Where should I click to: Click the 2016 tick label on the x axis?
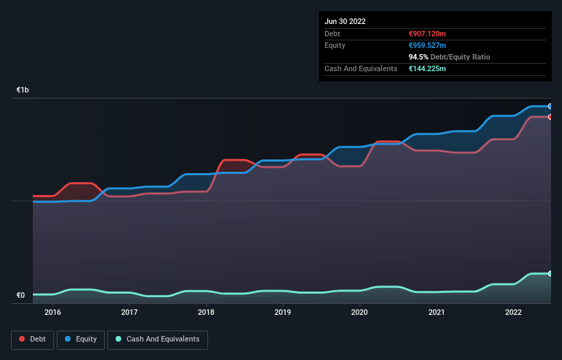point(53,313)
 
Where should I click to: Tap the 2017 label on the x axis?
point(129,313)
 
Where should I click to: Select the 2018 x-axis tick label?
point(206,313)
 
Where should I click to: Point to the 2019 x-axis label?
point(283,313)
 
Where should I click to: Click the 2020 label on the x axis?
point(360,313)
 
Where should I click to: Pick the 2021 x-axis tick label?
point(437,313)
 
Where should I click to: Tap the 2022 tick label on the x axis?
point(513,313)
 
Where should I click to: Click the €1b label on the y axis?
point(23,90)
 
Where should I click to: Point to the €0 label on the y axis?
point(21,296)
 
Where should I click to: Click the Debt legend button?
point(32,339)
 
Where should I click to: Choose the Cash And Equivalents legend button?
point(157,339)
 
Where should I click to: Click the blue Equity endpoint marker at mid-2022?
point(550,106)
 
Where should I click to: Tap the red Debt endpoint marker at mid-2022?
point(550,117)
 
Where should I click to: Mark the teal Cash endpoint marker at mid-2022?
point(550,274)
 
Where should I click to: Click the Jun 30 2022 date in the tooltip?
point(345,21)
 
